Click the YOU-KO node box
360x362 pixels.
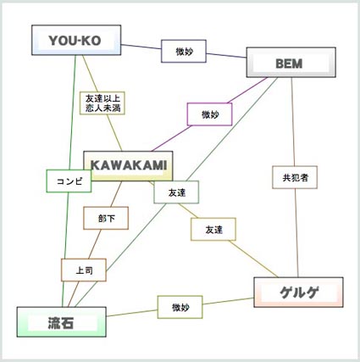76,40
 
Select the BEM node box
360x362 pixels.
291,63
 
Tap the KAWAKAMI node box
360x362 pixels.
128,166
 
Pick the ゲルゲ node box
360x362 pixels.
298,292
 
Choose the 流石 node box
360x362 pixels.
62,322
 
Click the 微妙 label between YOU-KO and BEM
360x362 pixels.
184,51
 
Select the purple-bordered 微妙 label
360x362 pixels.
210,114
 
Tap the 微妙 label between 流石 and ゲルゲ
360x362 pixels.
180,307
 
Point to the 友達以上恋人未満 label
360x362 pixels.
102,103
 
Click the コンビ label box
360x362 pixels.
69,181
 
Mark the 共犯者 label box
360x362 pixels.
295,177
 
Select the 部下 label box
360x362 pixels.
106,218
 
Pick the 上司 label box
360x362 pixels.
84,270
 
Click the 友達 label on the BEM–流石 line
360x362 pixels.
176,192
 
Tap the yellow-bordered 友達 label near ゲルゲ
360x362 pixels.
213,229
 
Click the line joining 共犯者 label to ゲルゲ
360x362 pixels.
296,233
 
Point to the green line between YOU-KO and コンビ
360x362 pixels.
72,113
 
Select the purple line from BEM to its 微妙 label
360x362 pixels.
247,90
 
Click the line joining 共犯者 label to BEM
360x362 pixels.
293,121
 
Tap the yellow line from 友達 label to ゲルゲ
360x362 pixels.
253,259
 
